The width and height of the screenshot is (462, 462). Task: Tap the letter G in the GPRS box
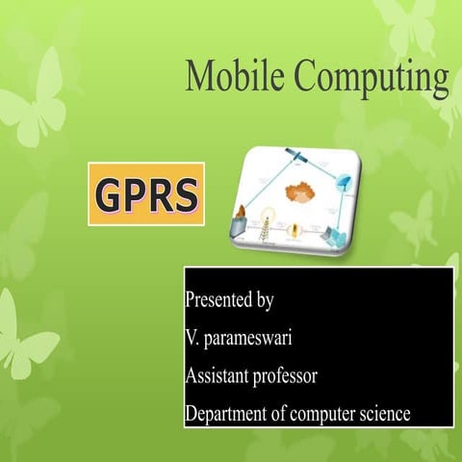pos(109,195)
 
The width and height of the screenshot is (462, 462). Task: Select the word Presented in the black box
pos(218,299)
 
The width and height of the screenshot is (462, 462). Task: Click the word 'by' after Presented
pos(265,300)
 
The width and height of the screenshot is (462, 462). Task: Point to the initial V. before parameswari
pos(192,338)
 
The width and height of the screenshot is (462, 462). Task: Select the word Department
pos(225,415)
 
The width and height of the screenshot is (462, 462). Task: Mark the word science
pos(386,415)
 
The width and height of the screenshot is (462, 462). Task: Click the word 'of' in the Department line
pos(280,414)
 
